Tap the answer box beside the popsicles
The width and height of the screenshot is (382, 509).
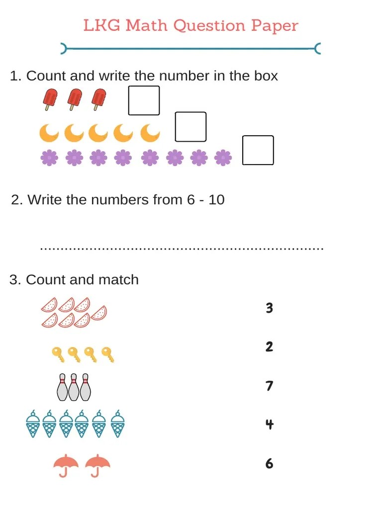[144, 100]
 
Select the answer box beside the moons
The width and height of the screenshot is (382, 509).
[191, 127]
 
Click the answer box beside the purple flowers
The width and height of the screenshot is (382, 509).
[258, 150]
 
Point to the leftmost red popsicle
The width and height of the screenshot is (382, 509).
[50, 99]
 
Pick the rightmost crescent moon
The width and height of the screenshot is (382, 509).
[150, 133]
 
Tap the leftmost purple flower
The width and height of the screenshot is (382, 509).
[49, 158]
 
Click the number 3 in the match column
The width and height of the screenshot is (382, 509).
[269, 308]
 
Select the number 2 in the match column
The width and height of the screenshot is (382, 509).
[269, 347]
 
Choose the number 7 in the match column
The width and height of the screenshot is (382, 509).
[269, 386]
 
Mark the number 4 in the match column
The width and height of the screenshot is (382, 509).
[269, 424]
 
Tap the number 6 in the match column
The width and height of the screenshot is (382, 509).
[269, 464]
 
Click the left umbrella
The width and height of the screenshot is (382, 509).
[66, 465]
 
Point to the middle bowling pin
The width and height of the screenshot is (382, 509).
[74, 387]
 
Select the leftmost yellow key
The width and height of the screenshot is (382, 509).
[58, 354]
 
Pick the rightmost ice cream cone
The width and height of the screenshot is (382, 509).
[117, 424]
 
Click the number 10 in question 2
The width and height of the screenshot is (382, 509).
[216, 200]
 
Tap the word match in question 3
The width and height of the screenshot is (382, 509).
[118, 280]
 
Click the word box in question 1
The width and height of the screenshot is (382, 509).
[265, 76]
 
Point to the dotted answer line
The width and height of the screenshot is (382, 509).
[182, 248]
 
